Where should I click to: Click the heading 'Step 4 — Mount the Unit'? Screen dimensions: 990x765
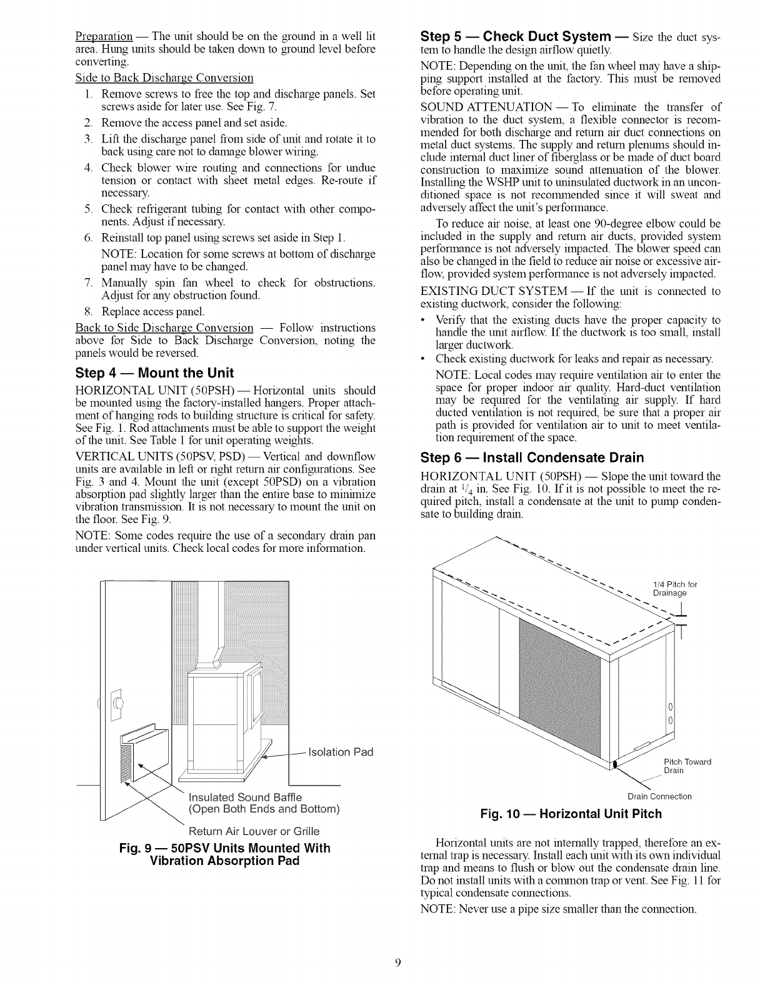pos(154,374)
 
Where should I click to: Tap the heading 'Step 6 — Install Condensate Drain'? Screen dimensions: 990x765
pos(532,457)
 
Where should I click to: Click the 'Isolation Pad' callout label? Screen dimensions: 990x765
pos(343,751)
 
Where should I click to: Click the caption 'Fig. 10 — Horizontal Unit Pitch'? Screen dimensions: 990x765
pos(570,814)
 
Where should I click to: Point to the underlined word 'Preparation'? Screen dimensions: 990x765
pos(103,35)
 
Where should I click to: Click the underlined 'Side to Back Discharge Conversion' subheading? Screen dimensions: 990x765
pos(164,78)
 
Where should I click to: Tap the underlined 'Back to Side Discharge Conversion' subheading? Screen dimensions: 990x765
pos(164,328)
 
